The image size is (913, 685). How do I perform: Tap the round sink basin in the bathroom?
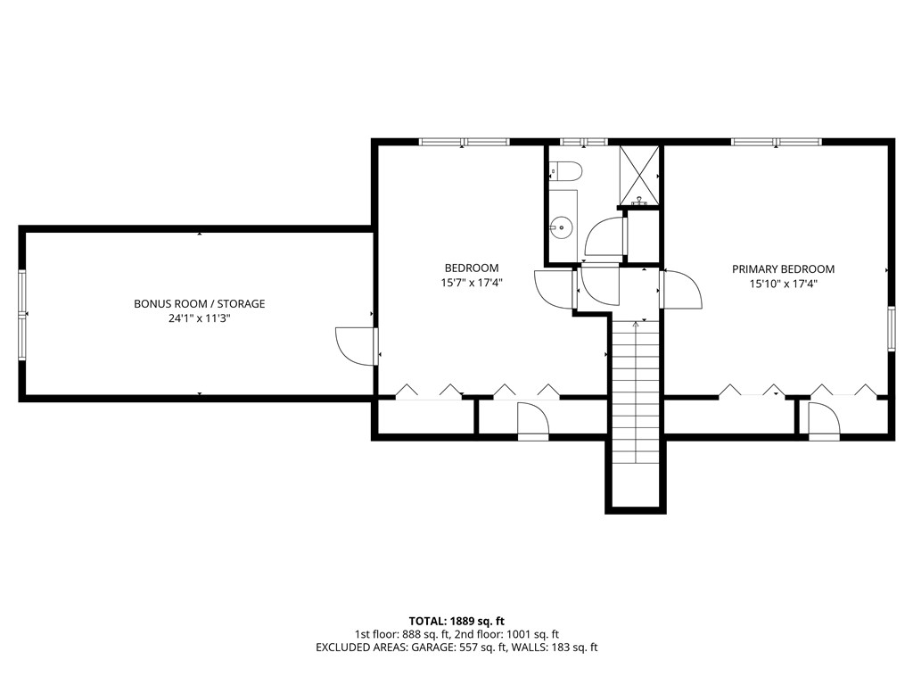tap(560, 227)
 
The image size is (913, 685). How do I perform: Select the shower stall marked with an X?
tap(639, 174)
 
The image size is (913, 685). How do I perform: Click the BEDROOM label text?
tap(472, 268)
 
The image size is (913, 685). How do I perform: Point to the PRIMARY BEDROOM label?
tap(783, 268)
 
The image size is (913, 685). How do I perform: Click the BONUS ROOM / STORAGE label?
tap(199, 303)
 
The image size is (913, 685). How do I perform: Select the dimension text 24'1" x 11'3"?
tap(199, 318)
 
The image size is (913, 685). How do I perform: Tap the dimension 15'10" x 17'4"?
tap(783, 284)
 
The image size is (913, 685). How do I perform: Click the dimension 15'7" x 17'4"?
tap(472, 283)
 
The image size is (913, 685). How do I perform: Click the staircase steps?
tap(636, 392)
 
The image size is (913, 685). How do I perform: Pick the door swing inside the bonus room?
tap(354, 346)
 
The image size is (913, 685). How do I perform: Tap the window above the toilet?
tap(583, 141)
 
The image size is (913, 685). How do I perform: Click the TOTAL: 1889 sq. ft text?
tap(456, 621)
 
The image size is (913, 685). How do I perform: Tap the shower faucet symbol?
tap(638, 203)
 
